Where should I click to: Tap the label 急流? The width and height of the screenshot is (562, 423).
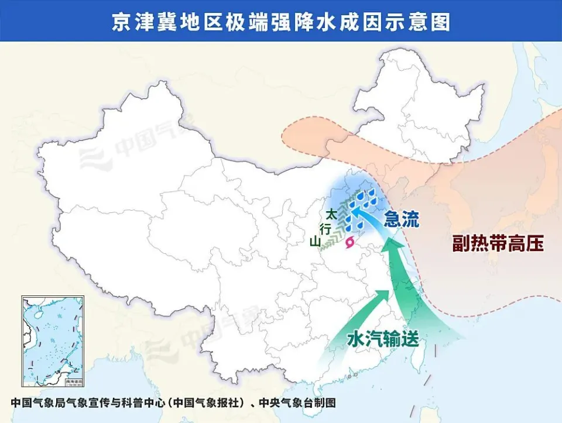(402, 220)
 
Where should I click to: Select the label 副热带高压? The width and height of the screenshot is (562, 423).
(498, 243)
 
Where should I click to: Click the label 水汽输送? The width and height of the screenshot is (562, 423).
(383, 339)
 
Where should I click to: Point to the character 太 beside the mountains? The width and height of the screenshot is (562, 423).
(331, 214)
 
